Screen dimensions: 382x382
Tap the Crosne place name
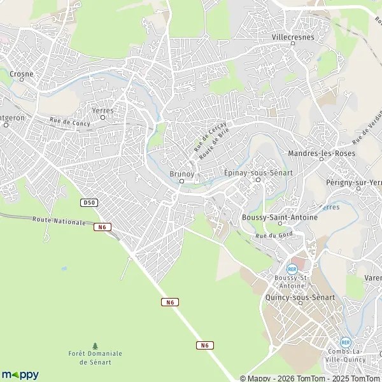22,74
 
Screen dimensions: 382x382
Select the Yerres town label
103,110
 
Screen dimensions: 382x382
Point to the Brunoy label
181,173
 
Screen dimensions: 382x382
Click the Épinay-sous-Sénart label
253,172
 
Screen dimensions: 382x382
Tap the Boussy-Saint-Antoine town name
280,217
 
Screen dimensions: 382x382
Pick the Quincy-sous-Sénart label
295,297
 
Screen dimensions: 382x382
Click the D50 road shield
88,202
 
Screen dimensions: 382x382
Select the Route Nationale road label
60,221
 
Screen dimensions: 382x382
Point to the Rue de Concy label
71,122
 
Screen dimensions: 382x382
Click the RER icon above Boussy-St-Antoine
292,269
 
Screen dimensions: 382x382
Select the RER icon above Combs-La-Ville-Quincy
345,342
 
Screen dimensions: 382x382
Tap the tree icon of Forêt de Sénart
95,346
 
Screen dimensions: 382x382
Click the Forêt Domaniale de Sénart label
95,358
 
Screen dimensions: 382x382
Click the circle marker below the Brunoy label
181,181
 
